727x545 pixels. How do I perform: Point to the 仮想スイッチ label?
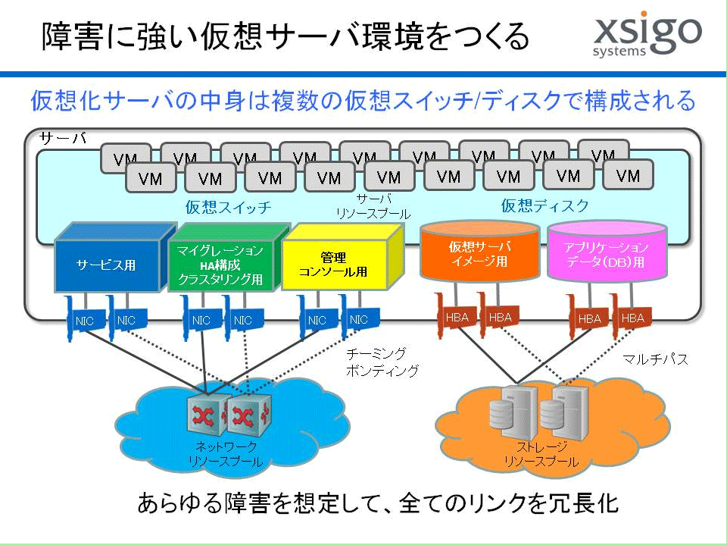228,207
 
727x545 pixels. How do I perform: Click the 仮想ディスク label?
544,205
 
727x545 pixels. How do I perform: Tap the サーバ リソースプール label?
373,207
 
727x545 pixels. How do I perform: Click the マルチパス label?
655,359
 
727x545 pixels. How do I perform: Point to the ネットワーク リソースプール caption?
226,454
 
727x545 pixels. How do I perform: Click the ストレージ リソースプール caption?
541,455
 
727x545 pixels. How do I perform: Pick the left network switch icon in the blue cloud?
207,414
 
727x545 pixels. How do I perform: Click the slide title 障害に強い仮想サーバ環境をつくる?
285,36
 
